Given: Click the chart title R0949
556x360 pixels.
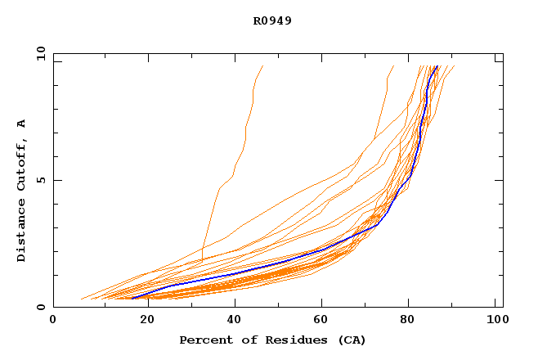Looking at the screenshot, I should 272,20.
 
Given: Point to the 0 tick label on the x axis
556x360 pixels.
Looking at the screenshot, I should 53,321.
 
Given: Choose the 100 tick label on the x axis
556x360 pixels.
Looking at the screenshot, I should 495,321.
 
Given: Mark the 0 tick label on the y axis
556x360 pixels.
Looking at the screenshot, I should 39,307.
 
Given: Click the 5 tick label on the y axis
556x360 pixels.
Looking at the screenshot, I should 39,180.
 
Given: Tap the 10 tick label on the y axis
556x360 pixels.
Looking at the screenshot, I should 39,54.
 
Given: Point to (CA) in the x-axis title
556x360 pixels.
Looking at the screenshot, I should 350,340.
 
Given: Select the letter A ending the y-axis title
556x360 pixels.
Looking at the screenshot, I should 22,123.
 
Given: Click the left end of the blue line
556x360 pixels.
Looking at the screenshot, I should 132,298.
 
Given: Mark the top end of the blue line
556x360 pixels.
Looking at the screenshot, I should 437,66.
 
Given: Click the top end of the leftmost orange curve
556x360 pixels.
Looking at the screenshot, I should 262,66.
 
